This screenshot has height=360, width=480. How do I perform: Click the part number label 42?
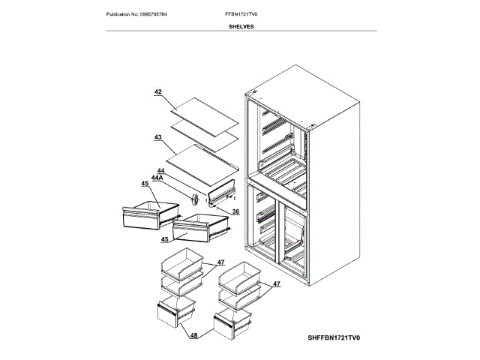pos(158,92)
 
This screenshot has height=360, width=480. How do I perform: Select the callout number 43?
pos(158,138)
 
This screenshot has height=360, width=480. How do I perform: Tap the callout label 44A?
pos(157,177)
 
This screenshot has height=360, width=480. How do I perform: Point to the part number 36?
pos(235,211)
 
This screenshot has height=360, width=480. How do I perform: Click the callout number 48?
pos(193,335)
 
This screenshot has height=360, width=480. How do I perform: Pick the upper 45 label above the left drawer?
pos(145,184)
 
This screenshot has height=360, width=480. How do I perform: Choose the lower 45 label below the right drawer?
pos(163,239)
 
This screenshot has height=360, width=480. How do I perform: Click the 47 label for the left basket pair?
pos(221,262)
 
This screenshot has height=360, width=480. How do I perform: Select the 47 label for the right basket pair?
pos(277,284)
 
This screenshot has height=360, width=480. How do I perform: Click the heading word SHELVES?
pos(241,25)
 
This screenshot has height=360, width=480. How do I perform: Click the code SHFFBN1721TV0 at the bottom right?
pos(334,338)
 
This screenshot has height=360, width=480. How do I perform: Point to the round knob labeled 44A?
pos(193,200)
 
